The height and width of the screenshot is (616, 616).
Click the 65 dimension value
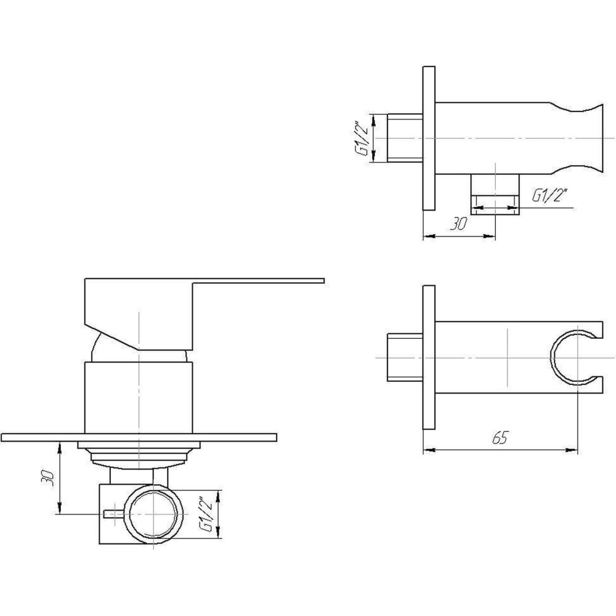[x=500, y=438]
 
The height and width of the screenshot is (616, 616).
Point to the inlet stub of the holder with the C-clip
[x=403, y=357]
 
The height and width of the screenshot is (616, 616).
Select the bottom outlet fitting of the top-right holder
[x=495, y=194]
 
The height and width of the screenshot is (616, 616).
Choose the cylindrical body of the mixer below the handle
[x=139, y=397]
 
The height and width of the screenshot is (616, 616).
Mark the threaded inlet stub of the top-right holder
[x=404, y=138]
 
